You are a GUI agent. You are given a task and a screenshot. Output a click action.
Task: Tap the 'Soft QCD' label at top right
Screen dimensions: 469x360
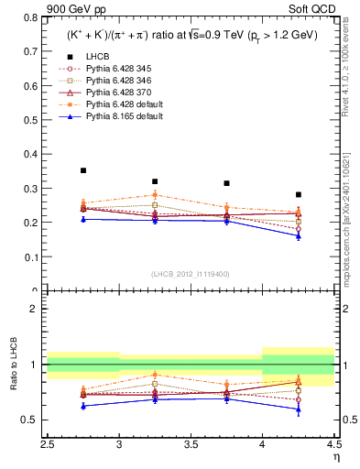[x=315, y=9]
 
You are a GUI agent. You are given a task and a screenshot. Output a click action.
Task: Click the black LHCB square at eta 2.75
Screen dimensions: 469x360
[x=83, y=170]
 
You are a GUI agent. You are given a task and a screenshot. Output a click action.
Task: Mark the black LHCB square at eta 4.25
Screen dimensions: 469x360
[x=299, y=194]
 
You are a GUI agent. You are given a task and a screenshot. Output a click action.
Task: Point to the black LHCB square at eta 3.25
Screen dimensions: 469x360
[x=155, y=181]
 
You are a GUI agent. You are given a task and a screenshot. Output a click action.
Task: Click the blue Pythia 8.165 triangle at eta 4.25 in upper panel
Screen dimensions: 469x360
[x=299, y=235]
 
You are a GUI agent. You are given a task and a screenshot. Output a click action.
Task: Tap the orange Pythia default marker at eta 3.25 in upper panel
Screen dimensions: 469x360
[x=155, y=194]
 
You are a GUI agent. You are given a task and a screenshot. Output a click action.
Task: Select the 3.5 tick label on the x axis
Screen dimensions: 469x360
[x=191, y=443]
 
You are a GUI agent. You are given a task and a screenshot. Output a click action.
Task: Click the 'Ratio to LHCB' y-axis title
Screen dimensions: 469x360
[x=12, y=367]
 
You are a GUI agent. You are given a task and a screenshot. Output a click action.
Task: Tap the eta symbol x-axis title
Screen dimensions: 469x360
[x=336, y=455]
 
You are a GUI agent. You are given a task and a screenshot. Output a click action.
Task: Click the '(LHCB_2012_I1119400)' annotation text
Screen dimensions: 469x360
[x=191, y=274]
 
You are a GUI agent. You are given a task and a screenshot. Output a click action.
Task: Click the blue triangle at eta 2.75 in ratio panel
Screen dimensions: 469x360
[x=83, y=406]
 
